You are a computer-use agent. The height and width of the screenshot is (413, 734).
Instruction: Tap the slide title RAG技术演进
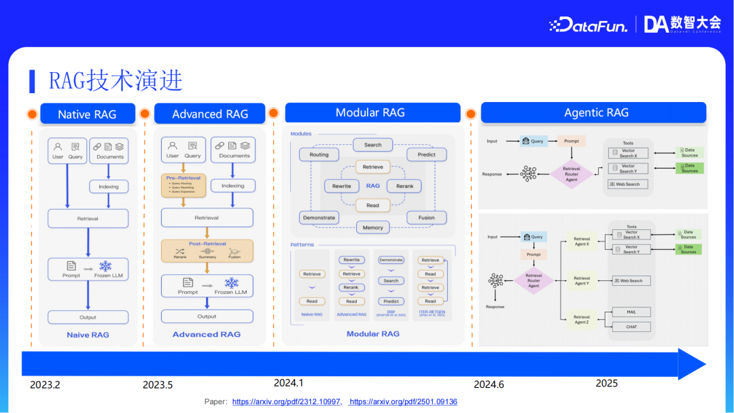point(116,80)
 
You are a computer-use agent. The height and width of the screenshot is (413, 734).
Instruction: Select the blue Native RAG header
point(87,114)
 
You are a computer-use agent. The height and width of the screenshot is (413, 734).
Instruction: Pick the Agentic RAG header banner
point(596,112)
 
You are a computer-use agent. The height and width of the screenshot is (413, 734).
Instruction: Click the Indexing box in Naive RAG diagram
point(108,186)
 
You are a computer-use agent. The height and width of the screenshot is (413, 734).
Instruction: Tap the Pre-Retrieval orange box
point(183,184)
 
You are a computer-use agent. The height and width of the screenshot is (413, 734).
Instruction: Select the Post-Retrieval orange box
point(207,250)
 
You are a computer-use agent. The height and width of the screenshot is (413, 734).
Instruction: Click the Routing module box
point(319,154)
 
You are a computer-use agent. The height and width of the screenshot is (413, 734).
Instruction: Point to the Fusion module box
point(426,218)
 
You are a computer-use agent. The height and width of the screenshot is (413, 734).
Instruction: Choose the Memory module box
point(372,227)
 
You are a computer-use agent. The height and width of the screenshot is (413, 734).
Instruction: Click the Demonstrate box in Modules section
point(319,218)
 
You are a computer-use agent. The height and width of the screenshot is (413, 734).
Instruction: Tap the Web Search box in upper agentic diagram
point(627,184)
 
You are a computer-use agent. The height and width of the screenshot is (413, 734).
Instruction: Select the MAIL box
point(631,312)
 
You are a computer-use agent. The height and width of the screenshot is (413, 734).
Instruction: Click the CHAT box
point(631,327)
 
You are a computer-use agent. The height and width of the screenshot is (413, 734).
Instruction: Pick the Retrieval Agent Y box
point(582,280)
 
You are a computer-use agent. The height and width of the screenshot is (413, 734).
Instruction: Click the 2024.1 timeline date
point(288,383)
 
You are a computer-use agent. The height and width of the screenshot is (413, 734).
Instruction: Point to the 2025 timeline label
point(606,383)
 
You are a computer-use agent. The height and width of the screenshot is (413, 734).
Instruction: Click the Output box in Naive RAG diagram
point(88,317)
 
